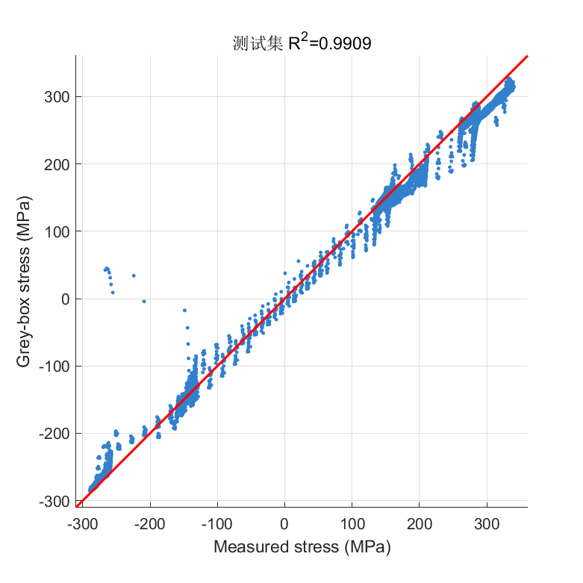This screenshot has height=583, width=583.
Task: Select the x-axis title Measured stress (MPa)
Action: pyautogui.click(x=302, y=547)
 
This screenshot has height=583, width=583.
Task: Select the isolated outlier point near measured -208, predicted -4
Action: pyautogui.click(x=144, y=301)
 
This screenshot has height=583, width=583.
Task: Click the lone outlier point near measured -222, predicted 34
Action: pyautogui.click(x=134, y=275)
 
